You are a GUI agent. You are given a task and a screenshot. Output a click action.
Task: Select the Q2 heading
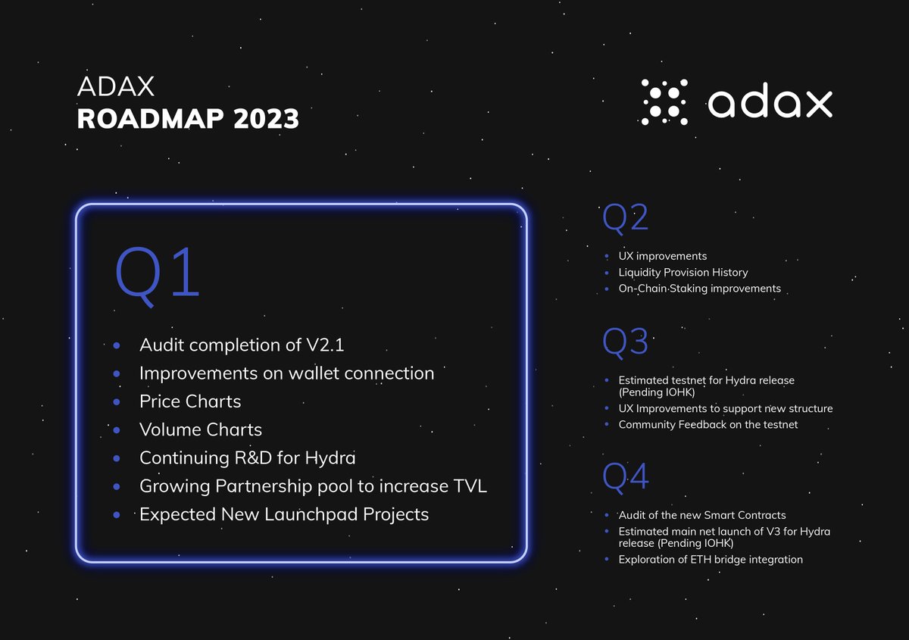tap(625, 219)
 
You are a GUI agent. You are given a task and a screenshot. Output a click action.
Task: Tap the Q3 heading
tap(625, 342)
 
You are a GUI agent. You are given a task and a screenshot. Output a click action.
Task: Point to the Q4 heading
tap(625, 477)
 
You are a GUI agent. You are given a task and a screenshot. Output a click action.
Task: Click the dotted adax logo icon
tap(664, 102)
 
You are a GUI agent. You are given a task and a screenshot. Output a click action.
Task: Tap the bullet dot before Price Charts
tap(117, 401)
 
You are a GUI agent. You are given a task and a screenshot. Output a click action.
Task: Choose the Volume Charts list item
tap(200, 429)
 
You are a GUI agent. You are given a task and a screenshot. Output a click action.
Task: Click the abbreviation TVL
tap(467, 485)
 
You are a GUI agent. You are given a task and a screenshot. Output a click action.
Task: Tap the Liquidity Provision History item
tap(683, 272)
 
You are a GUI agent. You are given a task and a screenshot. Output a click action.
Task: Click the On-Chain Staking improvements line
tap(699, 289)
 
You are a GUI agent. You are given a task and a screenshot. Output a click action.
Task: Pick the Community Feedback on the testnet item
tap(708, 424)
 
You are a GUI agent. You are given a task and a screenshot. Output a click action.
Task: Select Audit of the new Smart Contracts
tap(702, 515)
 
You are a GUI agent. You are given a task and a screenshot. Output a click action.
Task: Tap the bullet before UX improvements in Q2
tap(608, 256)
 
